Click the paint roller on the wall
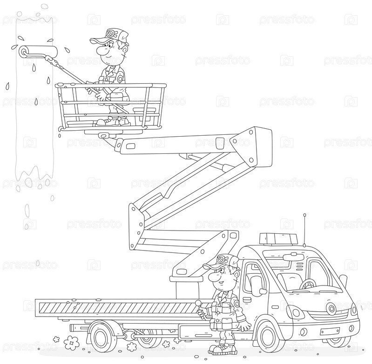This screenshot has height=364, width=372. click(x=39, y=51)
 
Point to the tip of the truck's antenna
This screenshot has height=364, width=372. click(x=304, y=215)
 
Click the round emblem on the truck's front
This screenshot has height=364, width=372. click(x=331, y=308)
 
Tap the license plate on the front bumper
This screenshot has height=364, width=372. click(x=330, y=331)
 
